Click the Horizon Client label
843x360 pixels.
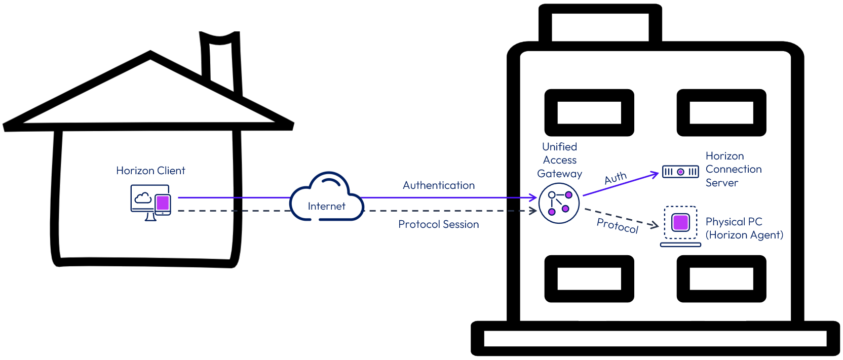(x=150, y=171)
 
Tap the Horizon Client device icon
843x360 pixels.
(x=150, y=203)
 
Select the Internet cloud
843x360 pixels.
(x=327, y=198)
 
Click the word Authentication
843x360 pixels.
(x=439, y=185)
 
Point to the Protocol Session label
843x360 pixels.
(x=438, y=224)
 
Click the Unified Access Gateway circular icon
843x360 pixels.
(x=559, y=203)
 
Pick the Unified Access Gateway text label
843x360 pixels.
(x=559, y=160)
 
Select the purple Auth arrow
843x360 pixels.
(x=621, y=184)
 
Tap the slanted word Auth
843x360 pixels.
(x=616, y=178)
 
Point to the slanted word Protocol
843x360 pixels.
(x=618, y=225)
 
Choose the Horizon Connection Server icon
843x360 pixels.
(x=680, y=172)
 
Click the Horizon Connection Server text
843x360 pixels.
(x=733, y=169)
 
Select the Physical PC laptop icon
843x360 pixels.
(x=680, y=225)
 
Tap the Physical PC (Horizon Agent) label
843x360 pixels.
(x=744, y=228)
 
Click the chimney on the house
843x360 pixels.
(x=220, y=61)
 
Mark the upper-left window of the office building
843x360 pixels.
(x=589, y=112)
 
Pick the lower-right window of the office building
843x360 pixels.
(x=721, y=278)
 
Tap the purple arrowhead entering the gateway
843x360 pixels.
(x=533, y=197)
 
